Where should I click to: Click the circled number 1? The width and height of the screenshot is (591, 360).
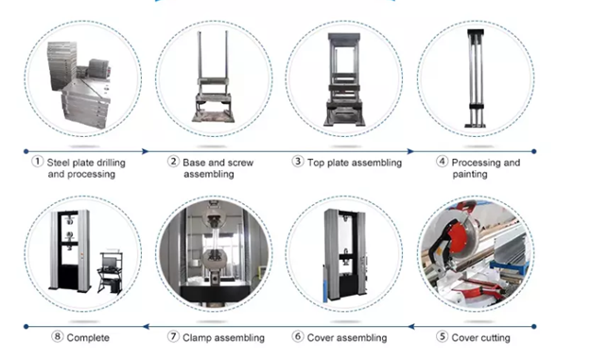coord(37,162)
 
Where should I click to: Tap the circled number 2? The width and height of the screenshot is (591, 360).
coord(173,162)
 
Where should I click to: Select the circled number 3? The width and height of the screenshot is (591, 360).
coord(298,162)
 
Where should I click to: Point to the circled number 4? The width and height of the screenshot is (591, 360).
coord(442,162)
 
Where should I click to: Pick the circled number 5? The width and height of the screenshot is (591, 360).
coord(442,336)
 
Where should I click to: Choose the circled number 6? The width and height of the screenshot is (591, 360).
coord(298,336)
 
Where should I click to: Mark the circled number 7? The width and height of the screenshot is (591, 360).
coord(173,336)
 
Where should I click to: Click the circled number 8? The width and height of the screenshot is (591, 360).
coord(57,336)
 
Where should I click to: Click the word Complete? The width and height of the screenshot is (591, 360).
coord(88,337)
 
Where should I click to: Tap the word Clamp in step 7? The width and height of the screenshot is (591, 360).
coord(197,337)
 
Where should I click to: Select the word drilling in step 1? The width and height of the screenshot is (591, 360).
coord(106,163)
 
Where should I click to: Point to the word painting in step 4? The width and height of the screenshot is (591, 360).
coord(470,175)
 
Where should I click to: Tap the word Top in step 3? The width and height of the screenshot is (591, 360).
coord(316,163)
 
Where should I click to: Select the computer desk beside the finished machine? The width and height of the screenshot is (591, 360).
coord(110,271)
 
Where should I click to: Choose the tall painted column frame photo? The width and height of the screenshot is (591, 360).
coord(476,78)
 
